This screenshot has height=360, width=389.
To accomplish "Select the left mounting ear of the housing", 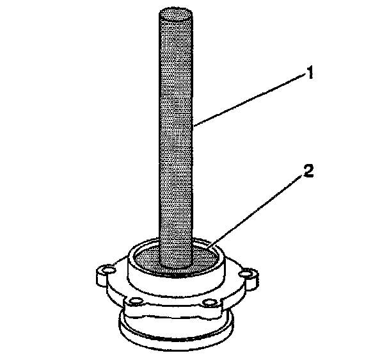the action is pyautogui.click(x=104, y=275).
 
